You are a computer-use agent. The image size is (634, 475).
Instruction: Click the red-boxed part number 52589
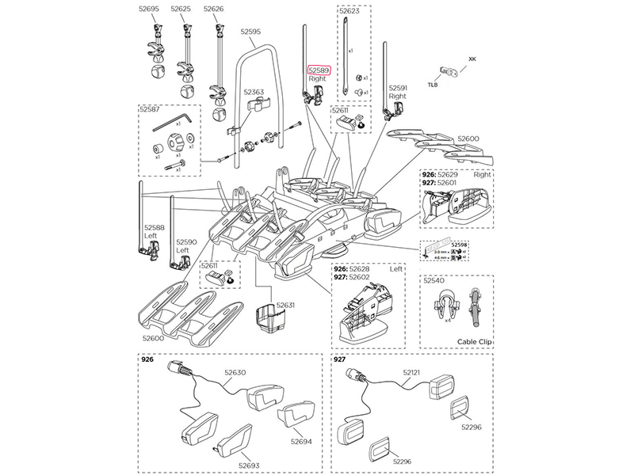(x=319, y=70)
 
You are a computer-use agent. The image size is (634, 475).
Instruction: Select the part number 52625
(x=181, y=9)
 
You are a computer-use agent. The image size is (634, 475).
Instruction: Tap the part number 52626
(x=214, y=9)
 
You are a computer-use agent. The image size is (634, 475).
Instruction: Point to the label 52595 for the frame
(x=250, y=32)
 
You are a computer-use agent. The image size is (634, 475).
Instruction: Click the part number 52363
(x=254, y=93)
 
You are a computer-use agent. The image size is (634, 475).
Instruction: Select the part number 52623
(x=349, y=12)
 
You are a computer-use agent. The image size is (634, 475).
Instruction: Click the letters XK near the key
(x=473, y=59)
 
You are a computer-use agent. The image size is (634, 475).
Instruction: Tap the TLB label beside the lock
(x=433, y=83)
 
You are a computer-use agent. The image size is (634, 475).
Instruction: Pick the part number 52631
(x=285, y=304)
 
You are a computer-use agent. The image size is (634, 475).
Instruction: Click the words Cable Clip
(x=475, y=341)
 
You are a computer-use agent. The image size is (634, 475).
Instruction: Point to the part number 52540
(x=433, y=280)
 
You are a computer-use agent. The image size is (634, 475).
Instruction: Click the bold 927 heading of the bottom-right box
(x=340, y=359)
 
